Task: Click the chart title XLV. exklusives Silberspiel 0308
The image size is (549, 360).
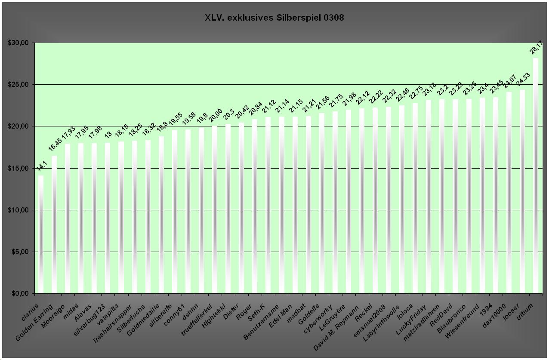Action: (x=274, y=18)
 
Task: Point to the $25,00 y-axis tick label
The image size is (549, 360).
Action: (x=18, y=85)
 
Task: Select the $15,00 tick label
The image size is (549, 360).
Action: (x=18, y=168)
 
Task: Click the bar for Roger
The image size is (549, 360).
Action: (x=255, y=206)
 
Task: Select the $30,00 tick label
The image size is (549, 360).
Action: (x=18, y=43)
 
